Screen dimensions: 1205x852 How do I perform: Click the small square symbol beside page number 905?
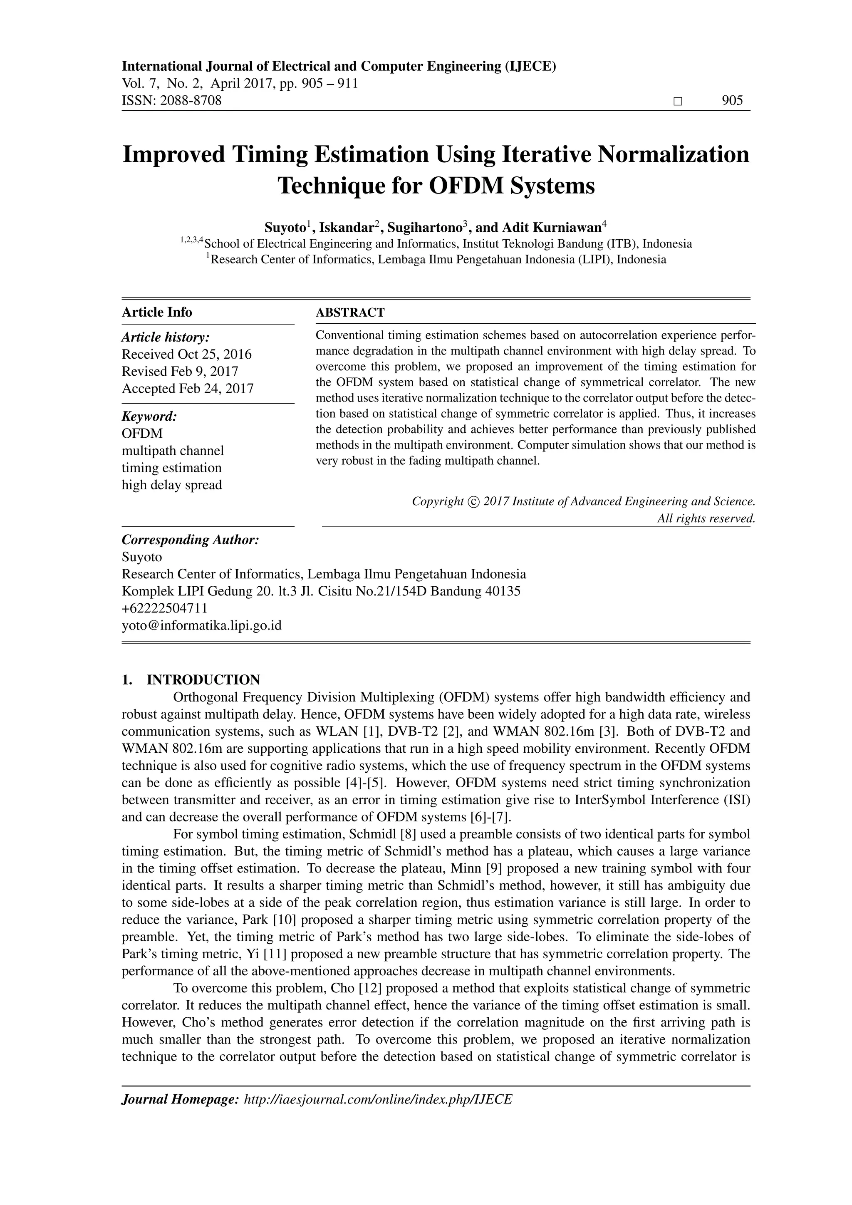pos(678,101)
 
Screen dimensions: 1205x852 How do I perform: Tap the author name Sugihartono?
pos(425,228)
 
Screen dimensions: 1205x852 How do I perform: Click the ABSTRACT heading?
pos(350,313)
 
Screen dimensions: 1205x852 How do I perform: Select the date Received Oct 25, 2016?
pos(186,354)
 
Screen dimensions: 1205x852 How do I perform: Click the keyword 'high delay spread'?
pos(171,484)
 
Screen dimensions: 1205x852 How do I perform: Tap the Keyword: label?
pos(149,417)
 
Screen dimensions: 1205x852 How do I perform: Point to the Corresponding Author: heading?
pos(191,540)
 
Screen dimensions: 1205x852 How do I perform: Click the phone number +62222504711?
pos(165,608)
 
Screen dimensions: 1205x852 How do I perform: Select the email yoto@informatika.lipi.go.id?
pos(201,625)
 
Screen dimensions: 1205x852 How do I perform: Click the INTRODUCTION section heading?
pos(203,680)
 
